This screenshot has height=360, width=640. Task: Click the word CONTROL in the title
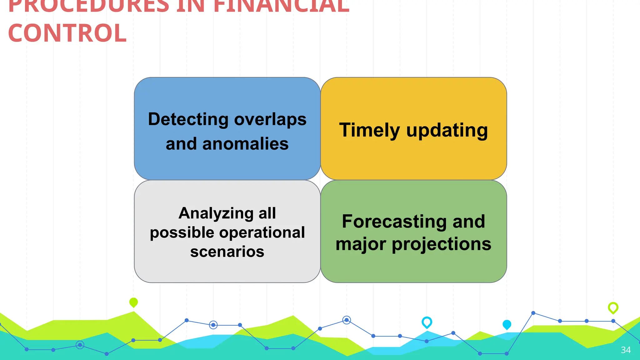(67, 33)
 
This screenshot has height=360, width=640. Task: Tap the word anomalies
(245, 144)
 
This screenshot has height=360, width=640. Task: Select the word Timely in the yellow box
(369, 130)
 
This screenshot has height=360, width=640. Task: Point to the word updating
(447, 130)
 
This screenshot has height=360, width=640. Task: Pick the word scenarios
(227, 252)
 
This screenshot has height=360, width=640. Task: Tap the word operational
(262, 232)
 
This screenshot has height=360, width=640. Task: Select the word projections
(441, 244)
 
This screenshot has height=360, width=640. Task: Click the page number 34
(626, 350)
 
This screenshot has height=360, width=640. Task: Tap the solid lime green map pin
(133, 302)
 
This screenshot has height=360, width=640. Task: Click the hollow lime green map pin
(613, 307)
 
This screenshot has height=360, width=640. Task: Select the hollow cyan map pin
(427, 322)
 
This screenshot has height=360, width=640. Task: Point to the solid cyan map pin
(507, 324)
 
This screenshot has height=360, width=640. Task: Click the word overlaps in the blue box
(270, 119)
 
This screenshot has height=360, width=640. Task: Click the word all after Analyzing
(267, 213)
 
